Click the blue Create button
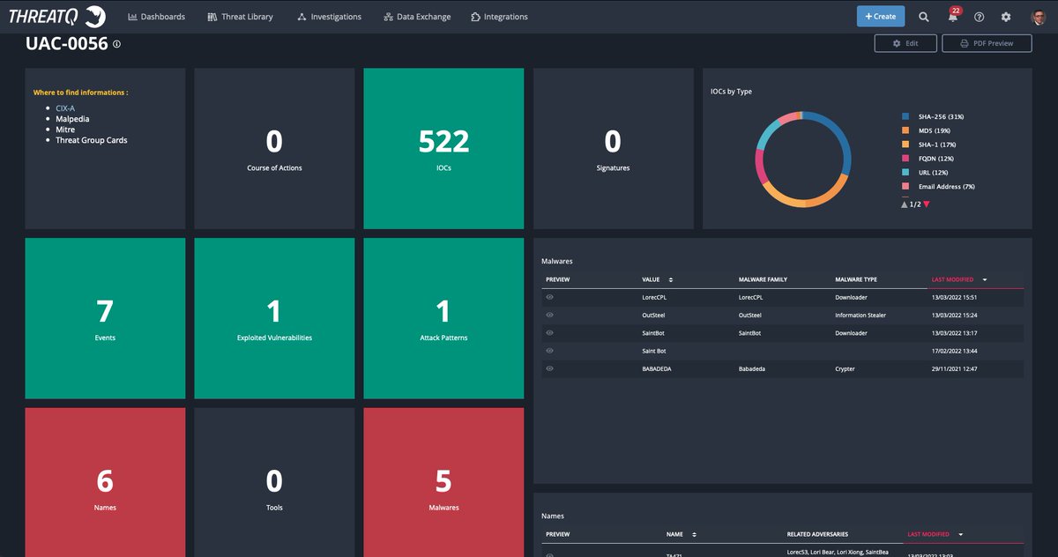coord(880,17)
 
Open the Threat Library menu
coord(241,17)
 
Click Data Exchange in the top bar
coord(417,17)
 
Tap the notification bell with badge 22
coord(952,17)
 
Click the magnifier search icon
coord(924,17)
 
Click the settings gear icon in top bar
coord(1006,17)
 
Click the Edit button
coord(905,43)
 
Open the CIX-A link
coord(65,108)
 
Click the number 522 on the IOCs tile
coord(443,141)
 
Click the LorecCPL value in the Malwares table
coord(654,298)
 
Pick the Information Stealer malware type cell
coord(861,316)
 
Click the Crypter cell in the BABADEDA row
coord(846,369)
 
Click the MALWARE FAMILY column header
coord(763,280)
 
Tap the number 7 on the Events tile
coord(105,311)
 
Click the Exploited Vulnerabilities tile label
coord(274,338)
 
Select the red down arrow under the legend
coord(926,204)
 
